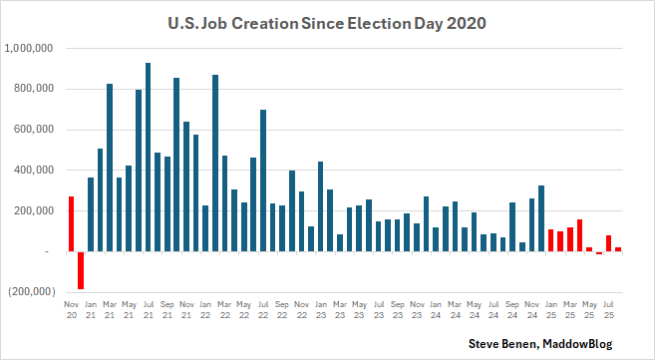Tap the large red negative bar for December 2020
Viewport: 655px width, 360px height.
(81, 270)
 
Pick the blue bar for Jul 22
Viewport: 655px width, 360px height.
(263, 180)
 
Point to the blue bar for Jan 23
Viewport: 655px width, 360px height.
(321, 206)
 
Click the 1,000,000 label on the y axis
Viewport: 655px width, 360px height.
(31, 48)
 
